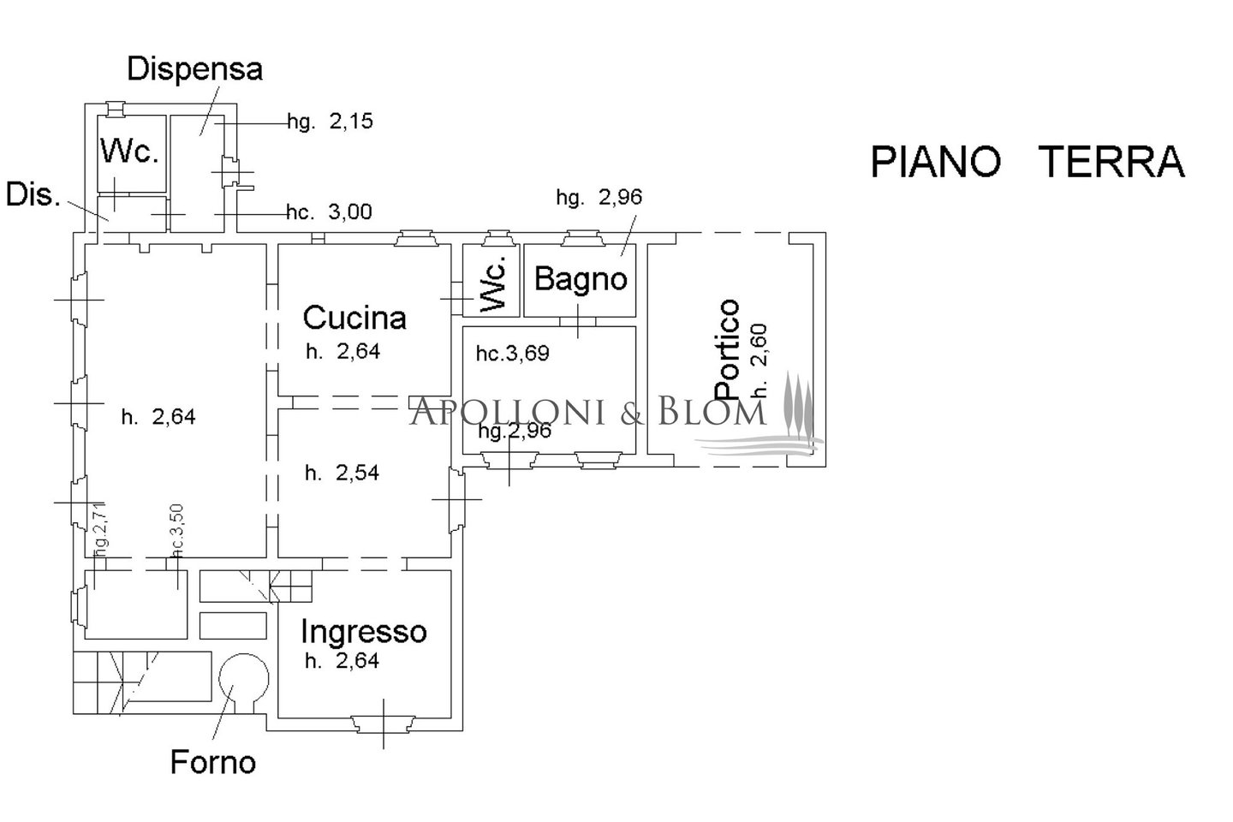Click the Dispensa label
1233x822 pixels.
[x=194, y=68]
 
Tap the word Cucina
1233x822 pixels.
[x=354, y=318]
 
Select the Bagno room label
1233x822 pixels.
[x=581, y=278]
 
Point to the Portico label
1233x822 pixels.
[x=727, y=348]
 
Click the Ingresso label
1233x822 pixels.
[x=363, y=632]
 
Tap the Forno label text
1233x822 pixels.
[x=213, y=761]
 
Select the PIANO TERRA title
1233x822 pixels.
[x=1027, y=162]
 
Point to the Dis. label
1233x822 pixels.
[x=33, y=194]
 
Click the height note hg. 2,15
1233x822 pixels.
[x=331, y=122]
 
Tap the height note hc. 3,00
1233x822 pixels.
[x=329, y=211]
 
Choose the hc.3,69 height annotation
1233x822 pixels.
[x=513, y=353]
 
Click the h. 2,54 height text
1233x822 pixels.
[x=342, y=473]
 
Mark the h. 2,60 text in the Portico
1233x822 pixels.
[x=759, y=360]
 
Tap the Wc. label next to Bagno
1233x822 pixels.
[x=492, y=281]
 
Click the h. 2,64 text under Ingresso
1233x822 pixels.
[x=342, y=661]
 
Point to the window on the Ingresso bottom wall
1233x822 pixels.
[x=383, y=724]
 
